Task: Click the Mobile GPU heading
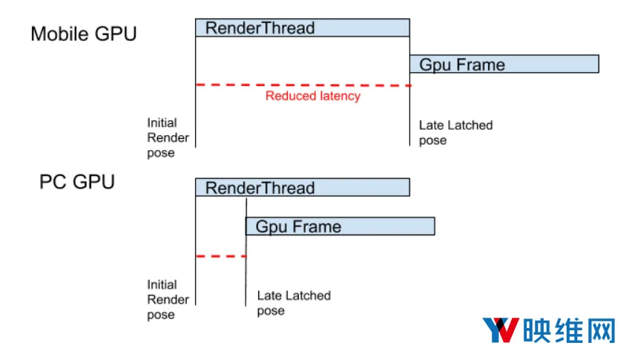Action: (x=84, y=34)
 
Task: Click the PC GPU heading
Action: (x=77, y=182)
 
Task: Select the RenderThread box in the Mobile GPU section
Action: (x=303, y=27)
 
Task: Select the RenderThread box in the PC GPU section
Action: (x=303, y=188)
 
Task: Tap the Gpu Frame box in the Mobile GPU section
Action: (x=504, y=64)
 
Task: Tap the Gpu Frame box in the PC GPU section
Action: (x=340, y=226)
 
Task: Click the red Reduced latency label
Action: (x=313, y=96)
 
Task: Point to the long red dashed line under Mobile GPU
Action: (x=303, y=85)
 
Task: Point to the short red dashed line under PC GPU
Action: (x=221, y=256)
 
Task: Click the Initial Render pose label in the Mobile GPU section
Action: (x=168, y=137)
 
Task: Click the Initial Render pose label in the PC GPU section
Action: (x=168, y=300)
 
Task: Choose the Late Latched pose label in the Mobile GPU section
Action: (x=456, y=133)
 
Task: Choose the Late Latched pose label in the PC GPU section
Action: (x=294, y=303)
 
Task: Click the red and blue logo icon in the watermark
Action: (x=501, y=330)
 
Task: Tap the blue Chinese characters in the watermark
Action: (x=569, y=330)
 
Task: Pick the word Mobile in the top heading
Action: (x=58, y=34)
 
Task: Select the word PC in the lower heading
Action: (x=53, y=182)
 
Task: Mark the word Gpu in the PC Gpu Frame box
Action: (x=271, y=227)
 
